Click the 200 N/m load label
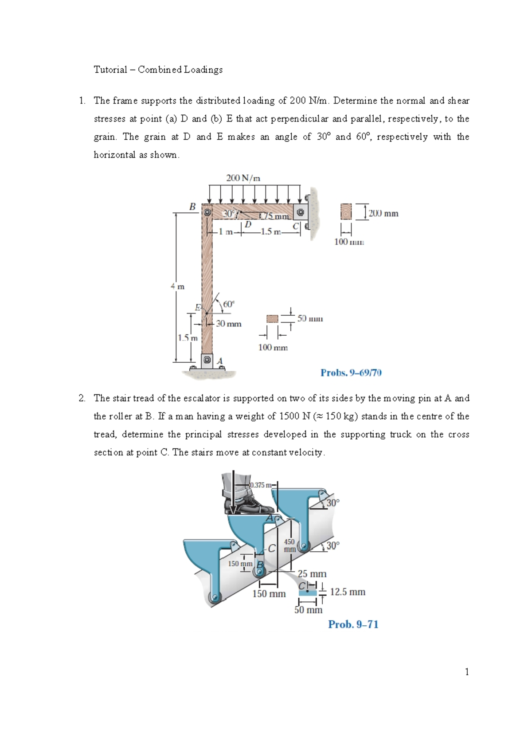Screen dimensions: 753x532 243,178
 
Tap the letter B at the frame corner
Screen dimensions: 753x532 192,207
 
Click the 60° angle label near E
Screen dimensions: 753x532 229,304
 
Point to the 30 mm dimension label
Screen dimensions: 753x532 229,324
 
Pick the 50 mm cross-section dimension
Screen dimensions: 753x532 310,318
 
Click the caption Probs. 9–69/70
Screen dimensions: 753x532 351,373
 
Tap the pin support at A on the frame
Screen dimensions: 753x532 207,360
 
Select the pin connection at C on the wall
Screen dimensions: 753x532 301,212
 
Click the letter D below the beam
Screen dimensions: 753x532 248,224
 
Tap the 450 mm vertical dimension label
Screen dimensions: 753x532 289,545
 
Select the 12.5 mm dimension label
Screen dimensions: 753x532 348,592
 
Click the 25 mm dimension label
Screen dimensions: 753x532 312,574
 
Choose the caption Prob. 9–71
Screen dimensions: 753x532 353,624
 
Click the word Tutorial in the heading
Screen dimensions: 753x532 110,70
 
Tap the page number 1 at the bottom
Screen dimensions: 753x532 467,672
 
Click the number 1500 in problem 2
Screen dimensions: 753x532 289,416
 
